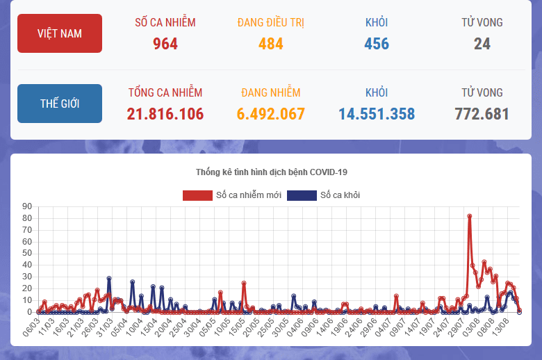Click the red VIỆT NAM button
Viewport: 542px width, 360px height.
60,33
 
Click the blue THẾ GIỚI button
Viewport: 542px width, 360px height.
60,104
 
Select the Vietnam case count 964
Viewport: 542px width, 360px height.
165,44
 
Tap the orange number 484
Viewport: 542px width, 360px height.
270,44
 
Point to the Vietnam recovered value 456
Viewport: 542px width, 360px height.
377,44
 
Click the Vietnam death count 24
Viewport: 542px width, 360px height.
482,44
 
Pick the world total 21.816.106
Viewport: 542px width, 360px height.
165,114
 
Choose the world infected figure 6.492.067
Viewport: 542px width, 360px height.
271,114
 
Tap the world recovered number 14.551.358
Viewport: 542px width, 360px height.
377,114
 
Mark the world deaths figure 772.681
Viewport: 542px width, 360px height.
482,114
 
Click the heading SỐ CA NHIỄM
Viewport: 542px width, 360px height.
165,22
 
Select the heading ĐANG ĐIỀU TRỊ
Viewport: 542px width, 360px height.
270,22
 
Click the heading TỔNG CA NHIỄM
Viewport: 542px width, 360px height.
165,92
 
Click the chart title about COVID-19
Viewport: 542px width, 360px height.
271,172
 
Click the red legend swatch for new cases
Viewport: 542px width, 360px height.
197,195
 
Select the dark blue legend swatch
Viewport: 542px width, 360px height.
302,195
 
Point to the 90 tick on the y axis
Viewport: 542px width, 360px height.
28,206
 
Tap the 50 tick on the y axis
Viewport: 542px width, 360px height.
28,253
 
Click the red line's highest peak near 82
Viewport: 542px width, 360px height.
470,216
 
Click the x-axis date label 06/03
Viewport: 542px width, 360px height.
33,325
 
